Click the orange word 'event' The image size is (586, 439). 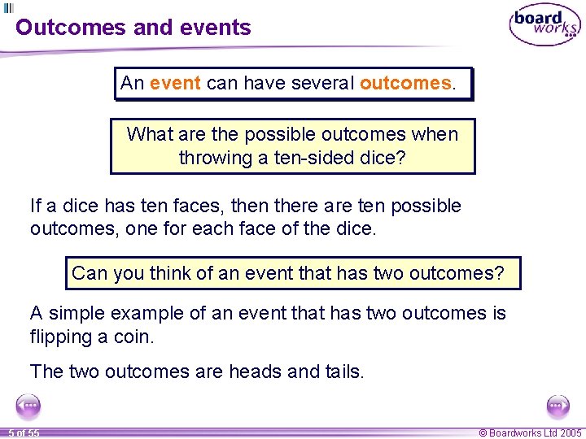[x=176, y=83]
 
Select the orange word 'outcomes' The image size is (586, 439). [x=405, y=83]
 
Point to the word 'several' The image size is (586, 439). [x=316, y=83]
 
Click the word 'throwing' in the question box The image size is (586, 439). [x=213, y=158]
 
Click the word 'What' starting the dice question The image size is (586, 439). [x=149, y=134]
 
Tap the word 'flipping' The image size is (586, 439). [x=61, y=336]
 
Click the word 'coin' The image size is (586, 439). [x=133, y=336]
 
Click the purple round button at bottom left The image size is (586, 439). [x=28, y=405]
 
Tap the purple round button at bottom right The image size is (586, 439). [x=558, y=405]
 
